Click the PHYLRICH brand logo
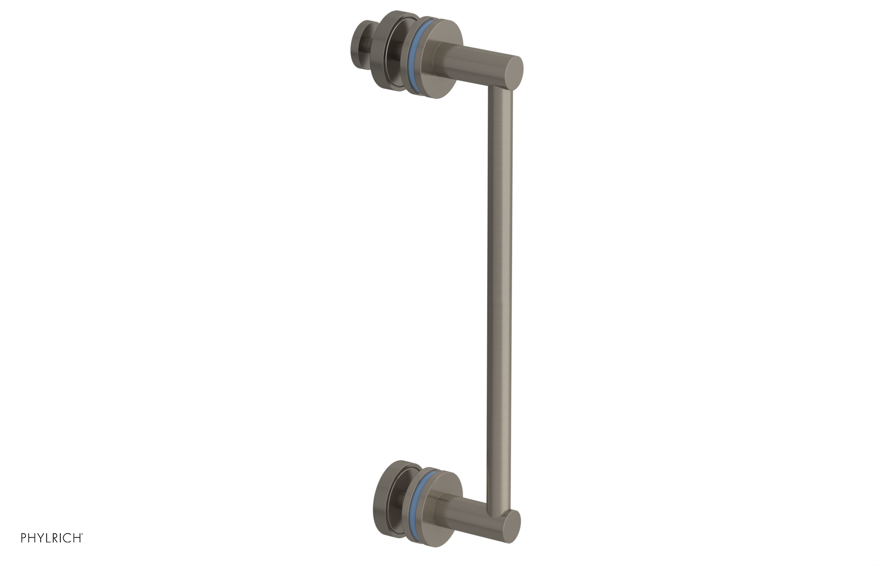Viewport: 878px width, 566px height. pos(52,538)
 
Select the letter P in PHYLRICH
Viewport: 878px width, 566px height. pos(24,538)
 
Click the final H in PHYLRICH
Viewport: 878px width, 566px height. pos(76,538)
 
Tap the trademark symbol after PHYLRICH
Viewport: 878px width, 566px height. pos(82,535)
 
